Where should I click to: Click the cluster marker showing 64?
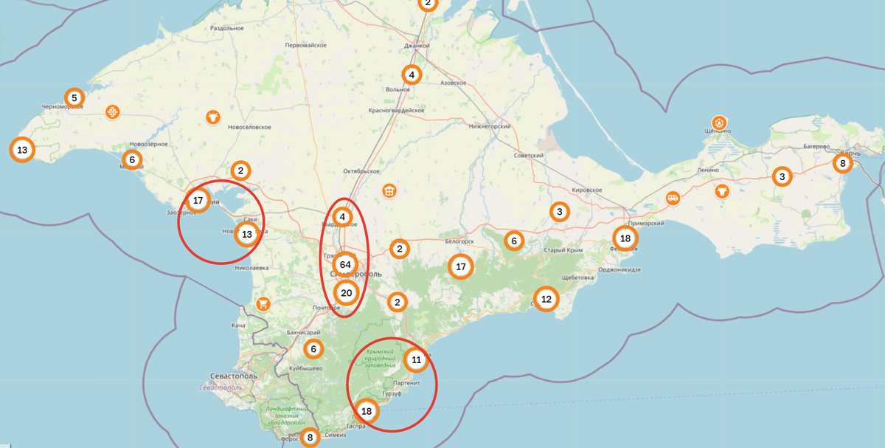(x=345, y=264)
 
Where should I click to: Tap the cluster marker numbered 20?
(x=346, y=293)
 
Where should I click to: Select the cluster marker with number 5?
(x=74, y=97)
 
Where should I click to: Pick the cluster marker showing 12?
(x=546, y=300)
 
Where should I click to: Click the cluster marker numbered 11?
(x=416, y=360)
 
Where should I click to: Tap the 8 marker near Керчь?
(x=843, y=163)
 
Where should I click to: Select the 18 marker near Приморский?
(x=625, y=238)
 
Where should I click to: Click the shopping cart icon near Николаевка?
(x=263, y=304)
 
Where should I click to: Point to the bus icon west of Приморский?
(x=673, y=198)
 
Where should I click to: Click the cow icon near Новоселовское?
(x=212, y=117)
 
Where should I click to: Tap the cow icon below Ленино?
(x=721, y=191)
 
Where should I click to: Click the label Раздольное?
(x=227, y=28)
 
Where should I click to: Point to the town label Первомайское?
(x=305, y=45)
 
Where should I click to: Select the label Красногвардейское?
(x=396, y=110)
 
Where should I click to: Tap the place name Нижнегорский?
(x=490, y=126)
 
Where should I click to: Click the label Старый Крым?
(x=563, y=250)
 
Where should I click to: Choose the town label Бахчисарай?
(x=302, y=333)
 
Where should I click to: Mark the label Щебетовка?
(x=577, y=278)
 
